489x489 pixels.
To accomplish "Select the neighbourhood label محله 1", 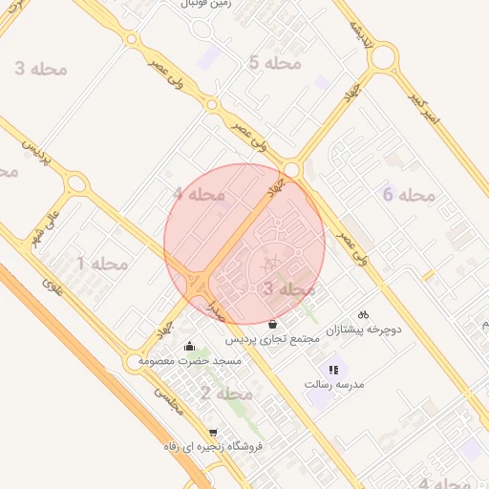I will (102, 263).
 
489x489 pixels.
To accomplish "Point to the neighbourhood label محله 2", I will (227, 392).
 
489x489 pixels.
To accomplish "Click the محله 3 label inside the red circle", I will (288, 287).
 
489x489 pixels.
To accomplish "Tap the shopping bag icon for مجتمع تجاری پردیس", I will (275, 324).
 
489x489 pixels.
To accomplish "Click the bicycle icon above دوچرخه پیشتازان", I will (363, 313).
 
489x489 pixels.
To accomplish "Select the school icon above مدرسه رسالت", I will (332, 369).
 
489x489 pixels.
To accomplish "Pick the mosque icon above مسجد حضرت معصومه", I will (189, 347).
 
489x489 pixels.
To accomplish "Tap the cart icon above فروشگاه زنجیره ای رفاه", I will (213, 432).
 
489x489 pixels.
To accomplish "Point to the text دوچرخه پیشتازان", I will (364, 330).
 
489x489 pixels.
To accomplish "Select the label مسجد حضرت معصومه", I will (189, 362).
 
